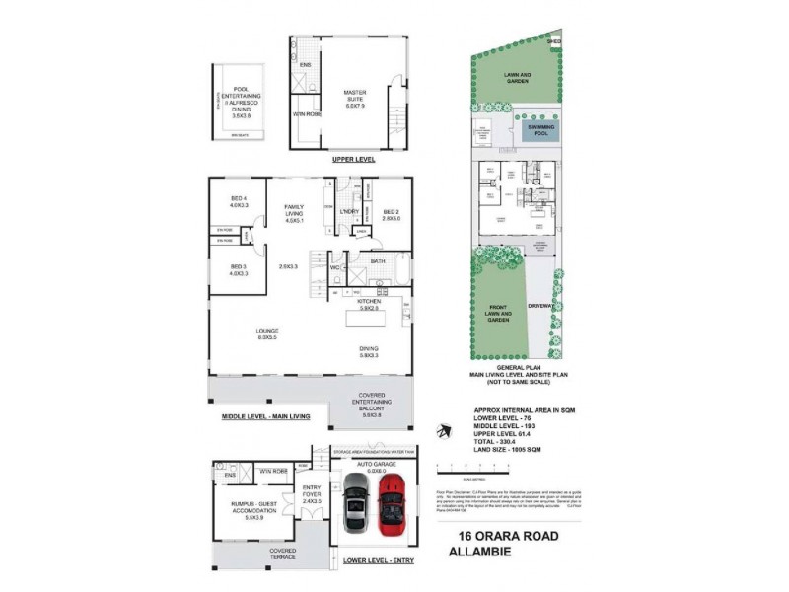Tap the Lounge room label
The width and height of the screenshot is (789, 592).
pyautogui.click(x=267, y=333)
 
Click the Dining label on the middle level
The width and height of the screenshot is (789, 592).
pyautogui.click(x=367, y=352)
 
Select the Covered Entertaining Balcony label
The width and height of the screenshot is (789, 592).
pyautogui.click(x=372, y=407)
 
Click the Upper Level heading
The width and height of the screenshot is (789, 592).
pyautogui.click(x=353, y=159)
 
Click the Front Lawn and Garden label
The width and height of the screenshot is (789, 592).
pyautogui.click(x=498, y=313)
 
